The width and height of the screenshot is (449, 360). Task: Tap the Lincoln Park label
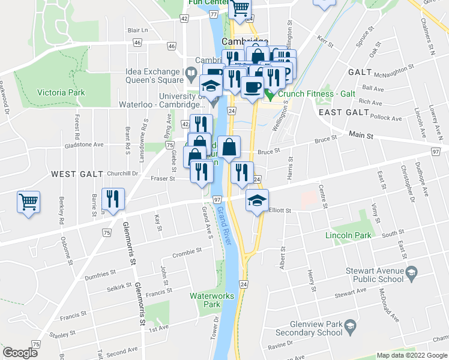(x=348, y=236)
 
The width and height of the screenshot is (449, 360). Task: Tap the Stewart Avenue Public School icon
(x=411, y=272)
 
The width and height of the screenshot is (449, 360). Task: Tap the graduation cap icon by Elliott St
(x=257, y=200)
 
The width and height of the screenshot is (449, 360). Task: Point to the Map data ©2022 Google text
(x=412, y=355)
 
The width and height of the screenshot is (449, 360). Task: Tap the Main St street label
(x=361, y=136)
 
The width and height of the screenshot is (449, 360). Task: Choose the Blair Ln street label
(x=137, y=29)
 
